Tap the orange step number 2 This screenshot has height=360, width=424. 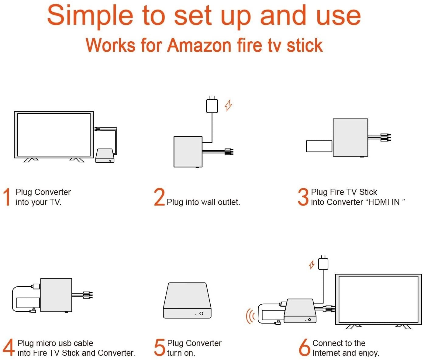point(159,197)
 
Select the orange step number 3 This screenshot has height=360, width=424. point(303,197)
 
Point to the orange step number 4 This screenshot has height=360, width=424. point(9,347)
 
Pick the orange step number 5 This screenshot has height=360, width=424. point(160,348)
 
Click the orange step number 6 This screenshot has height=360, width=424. point(305,348)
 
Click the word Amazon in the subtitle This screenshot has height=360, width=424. point(199,45)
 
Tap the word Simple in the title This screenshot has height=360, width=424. point(90,16)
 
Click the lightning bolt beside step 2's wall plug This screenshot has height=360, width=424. point(228,105)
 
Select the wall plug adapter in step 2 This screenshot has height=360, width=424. point(212,105)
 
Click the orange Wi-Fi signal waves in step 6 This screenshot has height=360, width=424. point(250,316)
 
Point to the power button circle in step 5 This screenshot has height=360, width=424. point(201,313)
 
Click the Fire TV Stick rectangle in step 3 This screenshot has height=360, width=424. point(319,146)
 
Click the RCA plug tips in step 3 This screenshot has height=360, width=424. point(386,137)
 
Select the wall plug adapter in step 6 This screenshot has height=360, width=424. point(323,263)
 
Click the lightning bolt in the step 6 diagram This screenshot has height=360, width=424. point(312,265)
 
